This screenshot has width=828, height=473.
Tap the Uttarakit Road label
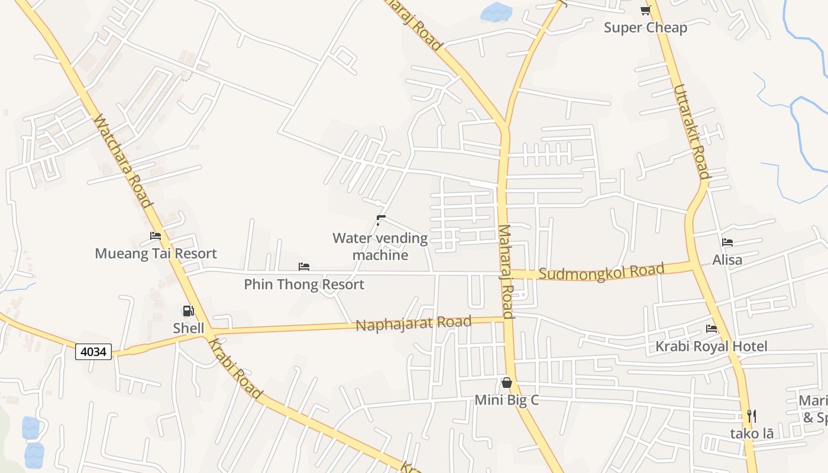pyautogui.click(x=691, y=131)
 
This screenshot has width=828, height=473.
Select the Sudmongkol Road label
pyautogui.click(x=601, y=273)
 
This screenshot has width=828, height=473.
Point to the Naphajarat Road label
pyautogui.click(x=413, y=323)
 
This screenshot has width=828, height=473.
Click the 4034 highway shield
pyautogui.click(x=93, y=352)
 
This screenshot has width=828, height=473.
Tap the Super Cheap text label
pyautogui.click(x=645, y=28)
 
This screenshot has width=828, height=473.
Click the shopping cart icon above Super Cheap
pyautogui.click(x=645, y=10)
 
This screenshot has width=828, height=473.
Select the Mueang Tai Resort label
pyautogui.click(x=156, y=254)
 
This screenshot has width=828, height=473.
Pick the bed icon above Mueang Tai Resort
pyautogui.click(x=156, y=236)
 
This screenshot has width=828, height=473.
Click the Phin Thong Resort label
pyautogui.click(x=304, y=284)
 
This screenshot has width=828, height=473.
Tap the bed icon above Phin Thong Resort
pyautogui.click(x=304, y=267)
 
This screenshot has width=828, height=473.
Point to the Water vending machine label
pyautogui.click(x=380, y=247)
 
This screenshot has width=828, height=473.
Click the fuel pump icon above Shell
pyautogui.click(x=188, y=311)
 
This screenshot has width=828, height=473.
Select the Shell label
pyautogui.click(x=189, y=328)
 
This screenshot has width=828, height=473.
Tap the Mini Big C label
pyautogui.click(x=507, y=400)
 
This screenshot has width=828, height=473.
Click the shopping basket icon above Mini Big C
pyautogui.click(x=506, y=383)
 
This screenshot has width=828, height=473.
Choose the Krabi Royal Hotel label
pyautogui.click(x=711, y=346)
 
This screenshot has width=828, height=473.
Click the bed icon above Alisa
pyautogui.click(x=727, y=242)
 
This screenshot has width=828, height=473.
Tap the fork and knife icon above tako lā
pyautogui.click(x=751, y=416)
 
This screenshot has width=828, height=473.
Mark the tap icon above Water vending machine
pyautogui.click(x=380, y=221)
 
